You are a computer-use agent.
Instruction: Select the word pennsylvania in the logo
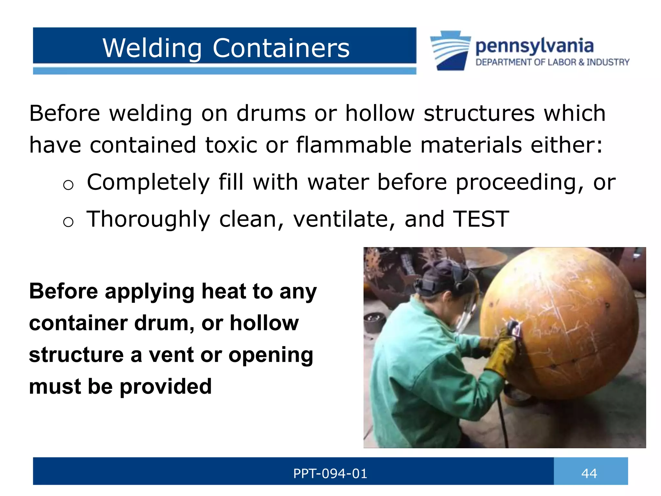tap(534, 46)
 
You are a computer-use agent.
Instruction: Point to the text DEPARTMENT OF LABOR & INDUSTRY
tap(552, 62)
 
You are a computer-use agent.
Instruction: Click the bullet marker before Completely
tap(68, 185)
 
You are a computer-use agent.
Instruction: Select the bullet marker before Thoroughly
tap(68, 222)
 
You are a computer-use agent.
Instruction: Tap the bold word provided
tap(166, 386)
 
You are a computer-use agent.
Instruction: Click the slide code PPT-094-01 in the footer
tap(330, 473)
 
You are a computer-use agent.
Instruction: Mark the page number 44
tap(589, 473)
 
